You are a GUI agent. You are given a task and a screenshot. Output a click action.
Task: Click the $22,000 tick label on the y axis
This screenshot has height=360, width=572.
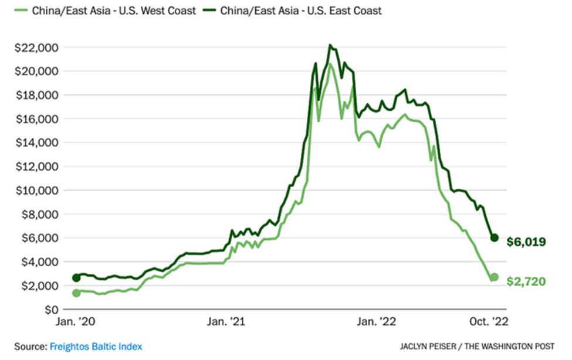click(x=36, y=47)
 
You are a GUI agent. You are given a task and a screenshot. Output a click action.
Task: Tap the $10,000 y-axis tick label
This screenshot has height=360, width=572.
click(x=36, y=191)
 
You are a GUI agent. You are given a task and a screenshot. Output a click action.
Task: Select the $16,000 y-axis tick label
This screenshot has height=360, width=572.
click(x=36, y=118)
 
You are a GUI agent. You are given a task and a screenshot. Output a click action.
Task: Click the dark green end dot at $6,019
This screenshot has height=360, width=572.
click(x=495, y=237)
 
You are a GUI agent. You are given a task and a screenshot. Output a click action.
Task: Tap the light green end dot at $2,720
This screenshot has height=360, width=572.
click(x=495, y=277)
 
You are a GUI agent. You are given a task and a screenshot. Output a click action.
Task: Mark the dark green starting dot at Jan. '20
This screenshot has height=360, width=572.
click(x=76, y=277)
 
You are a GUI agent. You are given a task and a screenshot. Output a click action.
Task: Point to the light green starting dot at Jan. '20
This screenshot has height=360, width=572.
click(x=76, y=293)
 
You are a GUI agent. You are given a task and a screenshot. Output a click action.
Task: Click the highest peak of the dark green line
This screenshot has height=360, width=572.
click(x=330, y=45)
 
